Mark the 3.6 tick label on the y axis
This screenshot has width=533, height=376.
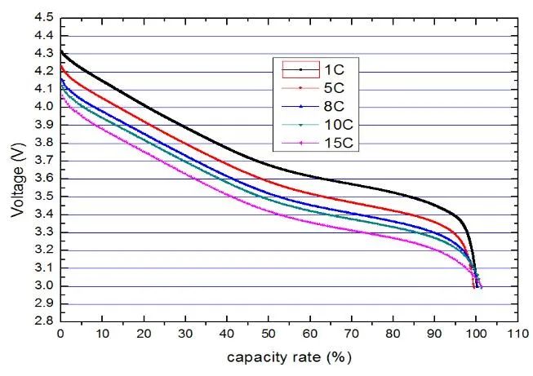(44, 179)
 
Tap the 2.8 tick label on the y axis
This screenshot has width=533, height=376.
(44, 322)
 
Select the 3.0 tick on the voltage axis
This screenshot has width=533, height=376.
(44, 286)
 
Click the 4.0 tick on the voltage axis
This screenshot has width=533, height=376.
(44, 107)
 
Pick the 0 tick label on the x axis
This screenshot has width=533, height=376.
(60, 335)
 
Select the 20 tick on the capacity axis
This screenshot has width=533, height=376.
(144, 335)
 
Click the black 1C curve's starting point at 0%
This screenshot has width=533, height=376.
(61, 51)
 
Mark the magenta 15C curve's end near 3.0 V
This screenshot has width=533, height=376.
(481, 286)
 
